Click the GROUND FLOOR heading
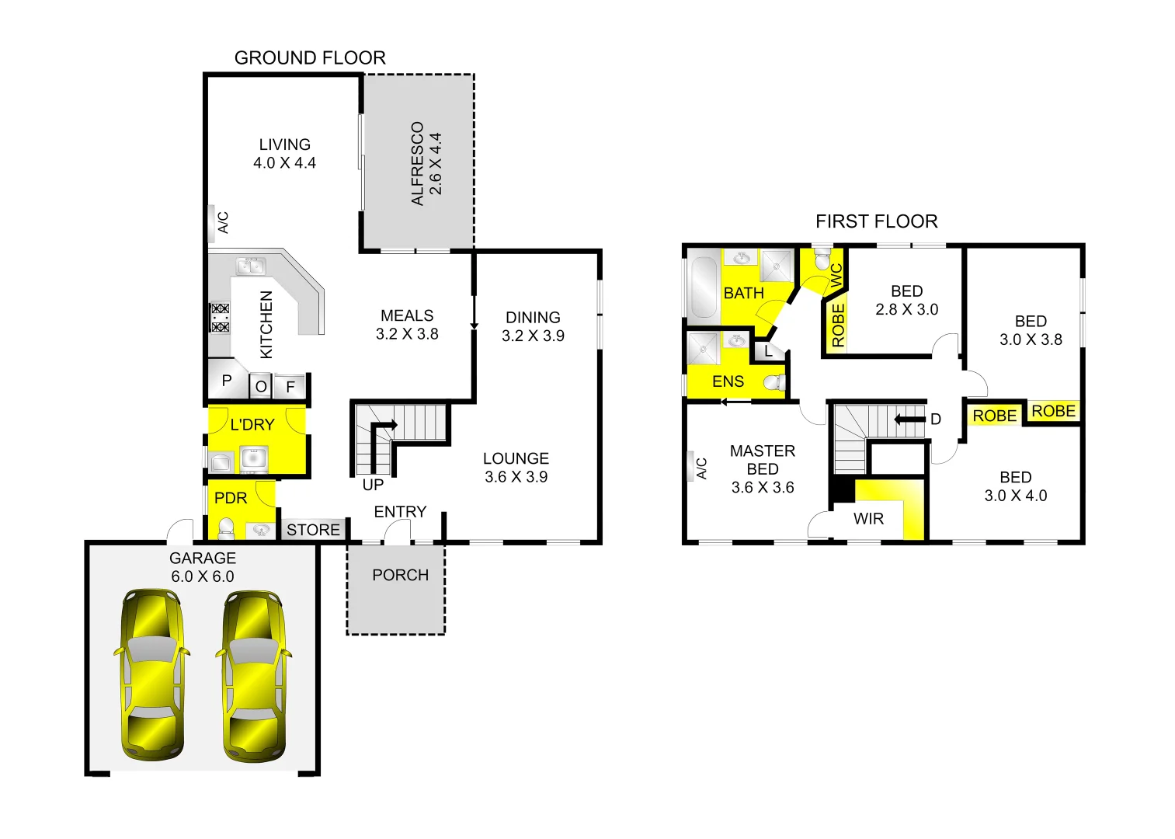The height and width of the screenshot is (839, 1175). (310, 58)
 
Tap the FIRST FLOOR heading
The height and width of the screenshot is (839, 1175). (876, 222)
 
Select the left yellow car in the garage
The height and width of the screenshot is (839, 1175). (151, 674)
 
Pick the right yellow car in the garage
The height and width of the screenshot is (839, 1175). (253, 674)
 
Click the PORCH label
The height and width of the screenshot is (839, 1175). (400, 576)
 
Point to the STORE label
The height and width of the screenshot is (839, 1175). (313, 530)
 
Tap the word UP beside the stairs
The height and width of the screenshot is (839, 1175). (373, 485)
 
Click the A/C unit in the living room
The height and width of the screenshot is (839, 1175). (212, 222)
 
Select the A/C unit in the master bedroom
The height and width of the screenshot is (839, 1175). (691, 467)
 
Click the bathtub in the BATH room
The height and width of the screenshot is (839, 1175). (704, 287)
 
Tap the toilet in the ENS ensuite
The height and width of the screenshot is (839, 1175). (774, 382)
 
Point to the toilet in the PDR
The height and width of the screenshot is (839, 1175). (226, 529)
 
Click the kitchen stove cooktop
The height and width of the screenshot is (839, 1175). (221, 317)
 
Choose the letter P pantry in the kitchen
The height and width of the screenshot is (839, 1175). (227, 381)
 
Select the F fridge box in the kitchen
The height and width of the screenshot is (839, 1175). (290, 386)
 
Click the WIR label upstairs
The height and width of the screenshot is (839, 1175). (868, 519)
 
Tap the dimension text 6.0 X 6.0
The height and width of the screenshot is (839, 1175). (202, 576)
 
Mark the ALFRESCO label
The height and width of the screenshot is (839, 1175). (418, 163)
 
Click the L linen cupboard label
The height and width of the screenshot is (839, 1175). (769, 351)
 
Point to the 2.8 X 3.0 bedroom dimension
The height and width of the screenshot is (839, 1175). (906, 309)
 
